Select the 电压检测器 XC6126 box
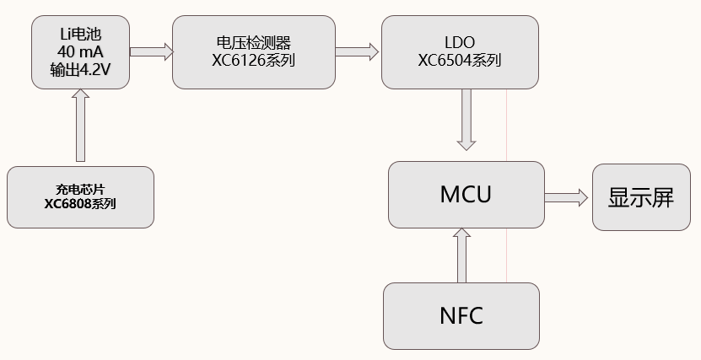pyautogui.click(x=253, y=51)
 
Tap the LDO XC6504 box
pyautogui.click(x=460, y=51)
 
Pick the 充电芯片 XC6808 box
pyautogui.click(x=80, y=196)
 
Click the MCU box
pyautogui.click(x=466, y=195)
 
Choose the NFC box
pyautogui.click(x=461, y=315)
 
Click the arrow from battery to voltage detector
pyautogui.click(x=151, y=52)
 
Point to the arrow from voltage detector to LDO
pyautogui.click(x=357, y=52)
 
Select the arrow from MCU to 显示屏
pyautogui.click(x=566, y=197)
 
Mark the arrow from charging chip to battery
pyautogui.click(x=81, y=126)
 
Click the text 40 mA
pyautogui.click(x=80, y=52)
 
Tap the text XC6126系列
pyautogui.click(x=253, y=60)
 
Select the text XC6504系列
pyautogui.click(x=460, y=60)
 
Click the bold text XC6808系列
pyautogui.click(x=80, y=204)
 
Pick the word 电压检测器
pyautogui.click(x=253, y=42)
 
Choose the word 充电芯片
pyautogui.click(x=80, y=189)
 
